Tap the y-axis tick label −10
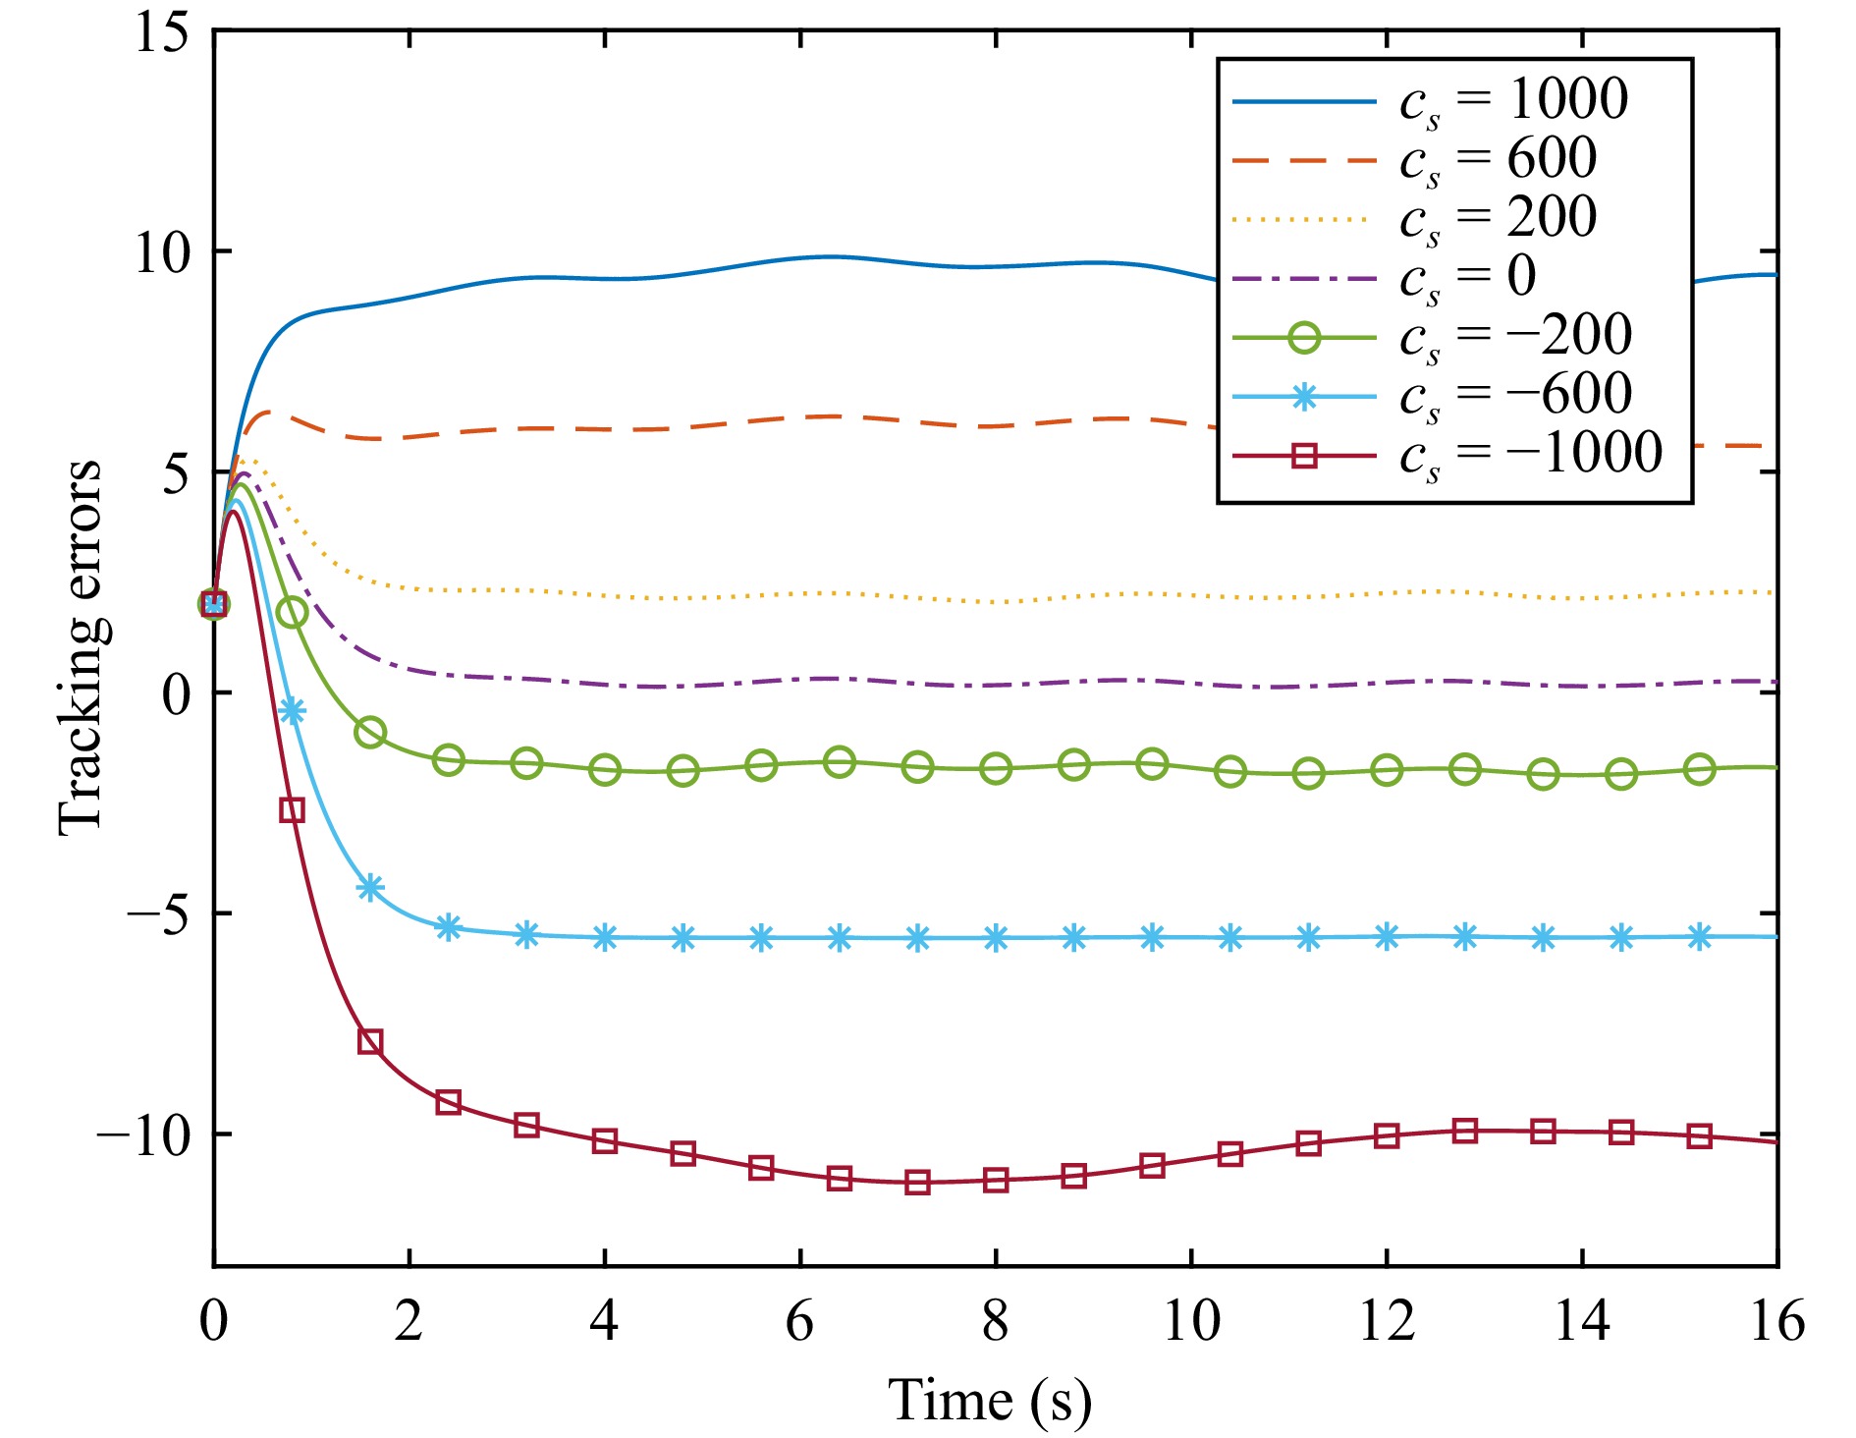pyautogui.click(x=141, y=1135)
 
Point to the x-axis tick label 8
pyautogui.click(x=995, y=1322)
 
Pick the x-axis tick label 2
pyautogui.click(x=409, y=1322)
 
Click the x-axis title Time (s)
pyautogui.click(x=990, y=1401)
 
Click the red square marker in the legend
pyautogui.click(x=1304, y=455)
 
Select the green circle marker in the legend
pyautogui.click(x=1304, y=337)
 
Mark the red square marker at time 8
pyautogui.click(x=996, y=1180)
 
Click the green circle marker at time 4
pyautogui.click(x=605, y=770)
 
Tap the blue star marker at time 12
pyautogui.click(x=1387, y=937)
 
